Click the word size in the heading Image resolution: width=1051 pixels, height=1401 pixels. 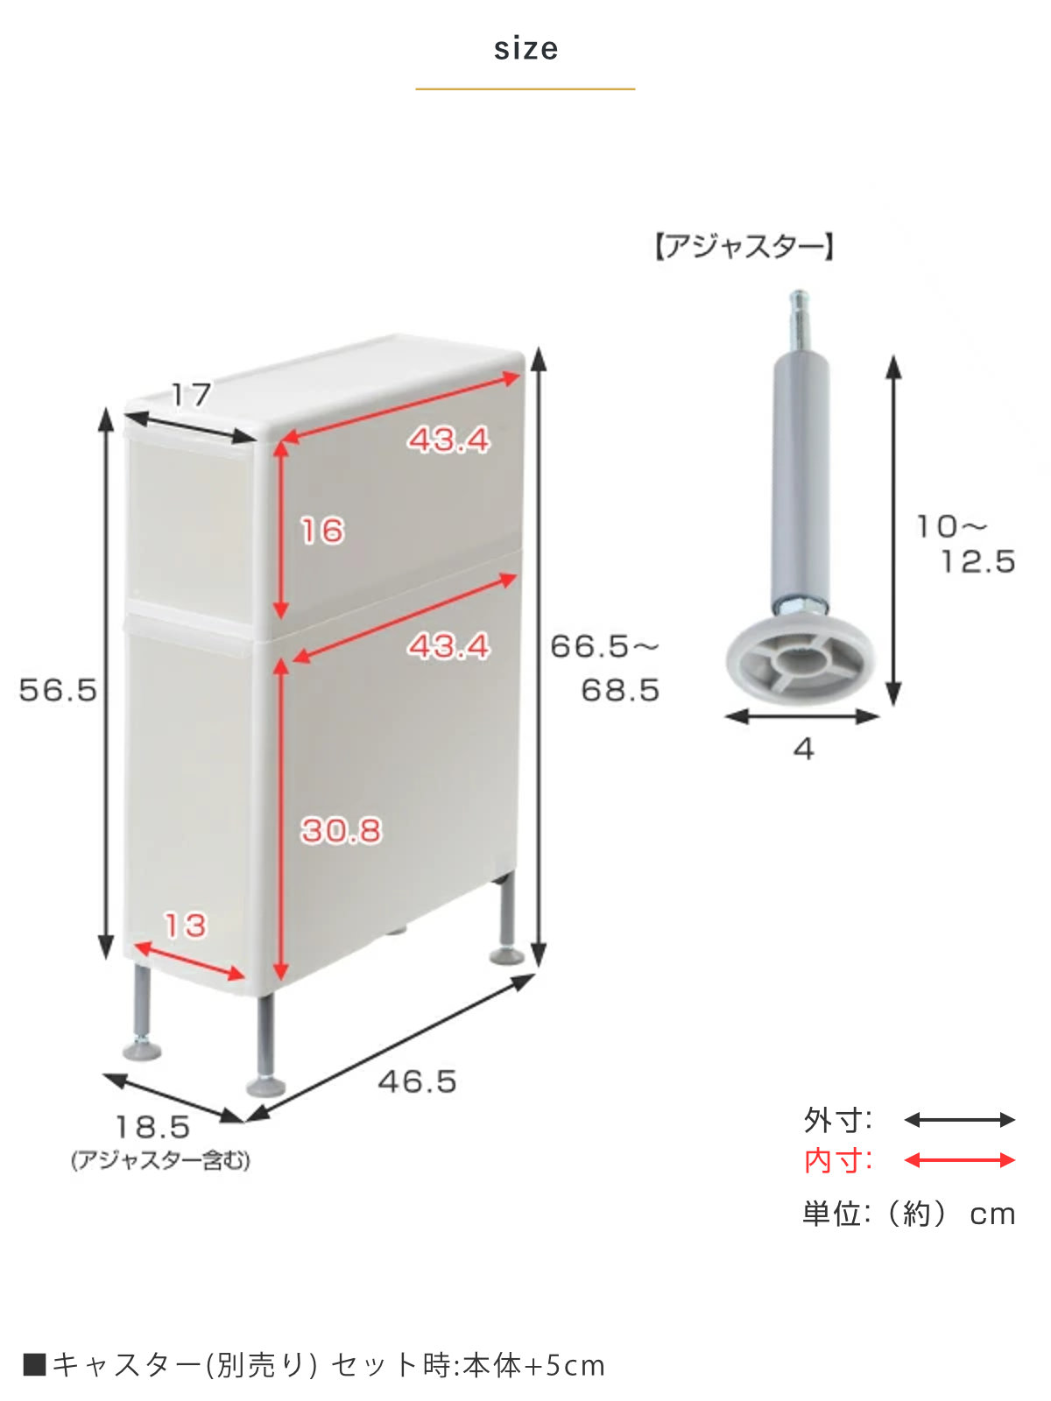tap(525, 48)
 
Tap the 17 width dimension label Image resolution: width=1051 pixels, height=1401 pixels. tap(191, 394)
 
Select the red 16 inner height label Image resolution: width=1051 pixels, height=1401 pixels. tap(322, 531)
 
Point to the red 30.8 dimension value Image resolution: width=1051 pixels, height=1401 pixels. tap(341, 830)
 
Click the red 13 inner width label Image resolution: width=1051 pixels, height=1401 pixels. tap(185, 925)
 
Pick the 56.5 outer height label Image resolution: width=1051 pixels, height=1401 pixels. tap(58, 690)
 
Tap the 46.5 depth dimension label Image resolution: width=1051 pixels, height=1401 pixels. tap(418, 1081)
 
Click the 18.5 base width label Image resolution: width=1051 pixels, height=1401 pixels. tap(153, 1127)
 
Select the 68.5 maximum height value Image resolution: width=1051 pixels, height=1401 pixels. tap(620, 690)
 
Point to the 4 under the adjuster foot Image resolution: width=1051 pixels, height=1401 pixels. tap(803, 748)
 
